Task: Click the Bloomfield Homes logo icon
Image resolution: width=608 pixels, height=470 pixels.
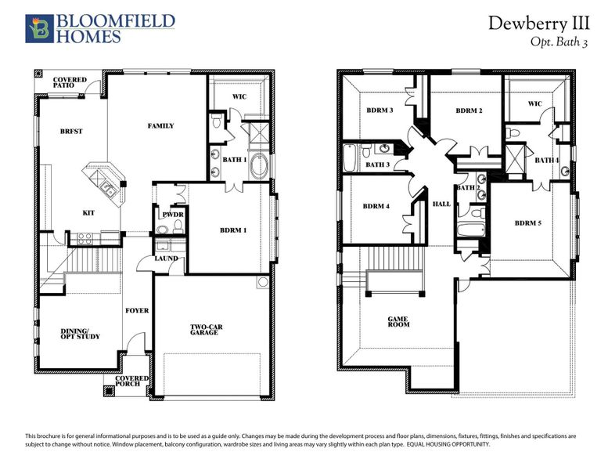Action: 37,27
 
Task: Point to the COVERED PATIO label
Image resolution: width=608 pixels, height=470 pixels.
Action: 70,83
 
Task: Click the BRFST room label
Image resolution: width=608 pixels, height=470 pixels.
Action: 71,131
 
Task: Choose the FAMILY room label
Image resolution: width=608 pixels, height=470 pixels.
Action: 160,125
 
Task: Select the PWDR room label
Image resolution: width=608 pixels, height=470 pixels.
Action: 171,214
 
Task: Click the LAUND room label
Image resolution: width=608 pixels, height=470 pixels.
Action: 166,258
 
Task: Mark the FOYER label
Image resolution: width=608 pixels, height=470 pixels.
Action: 137,310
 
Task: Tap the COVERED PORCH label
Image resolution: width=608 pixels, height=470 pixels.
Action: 131,381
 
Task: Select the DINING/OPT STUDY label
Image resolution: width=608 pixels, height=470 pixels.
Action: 79,334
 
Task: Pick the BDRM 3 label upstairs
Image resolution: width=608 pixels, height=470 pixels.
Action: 380,110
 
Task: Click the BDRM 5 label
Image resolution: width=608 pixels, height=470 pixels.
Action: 527,222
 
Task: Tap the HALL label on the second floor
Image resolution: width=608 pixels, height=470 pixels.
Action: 442,204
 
